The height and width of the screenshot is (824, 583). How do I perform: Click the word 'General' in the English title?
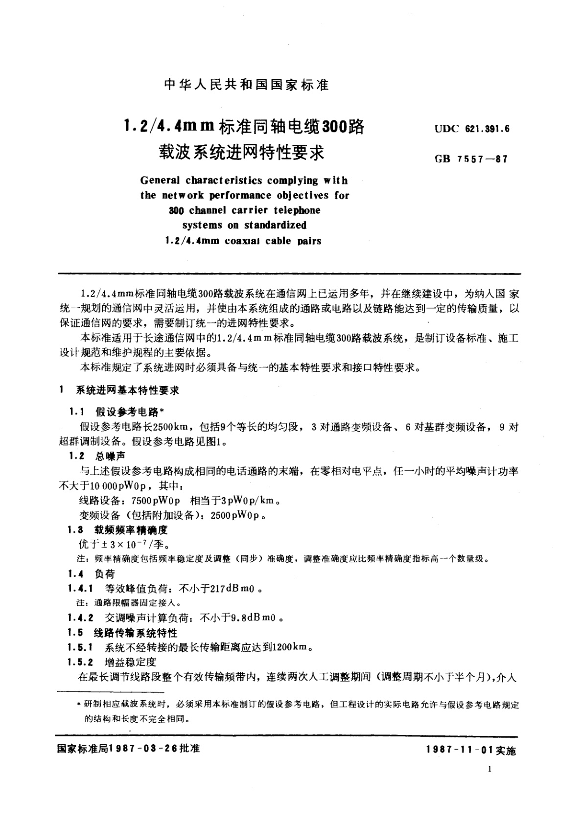(x=161, y=181)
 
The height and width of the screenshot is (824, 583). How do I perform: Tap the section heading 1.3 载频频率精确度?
(x=118, y=530)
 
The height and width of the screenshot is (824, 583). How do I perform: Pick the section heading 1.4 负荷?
(x=92, y=574)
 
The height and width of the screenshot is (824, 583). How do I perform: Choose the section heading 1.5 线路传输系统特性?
(x=123, y=633)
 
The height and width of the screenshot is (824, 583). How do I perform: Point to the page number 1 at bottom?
(x=490, y=769)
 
